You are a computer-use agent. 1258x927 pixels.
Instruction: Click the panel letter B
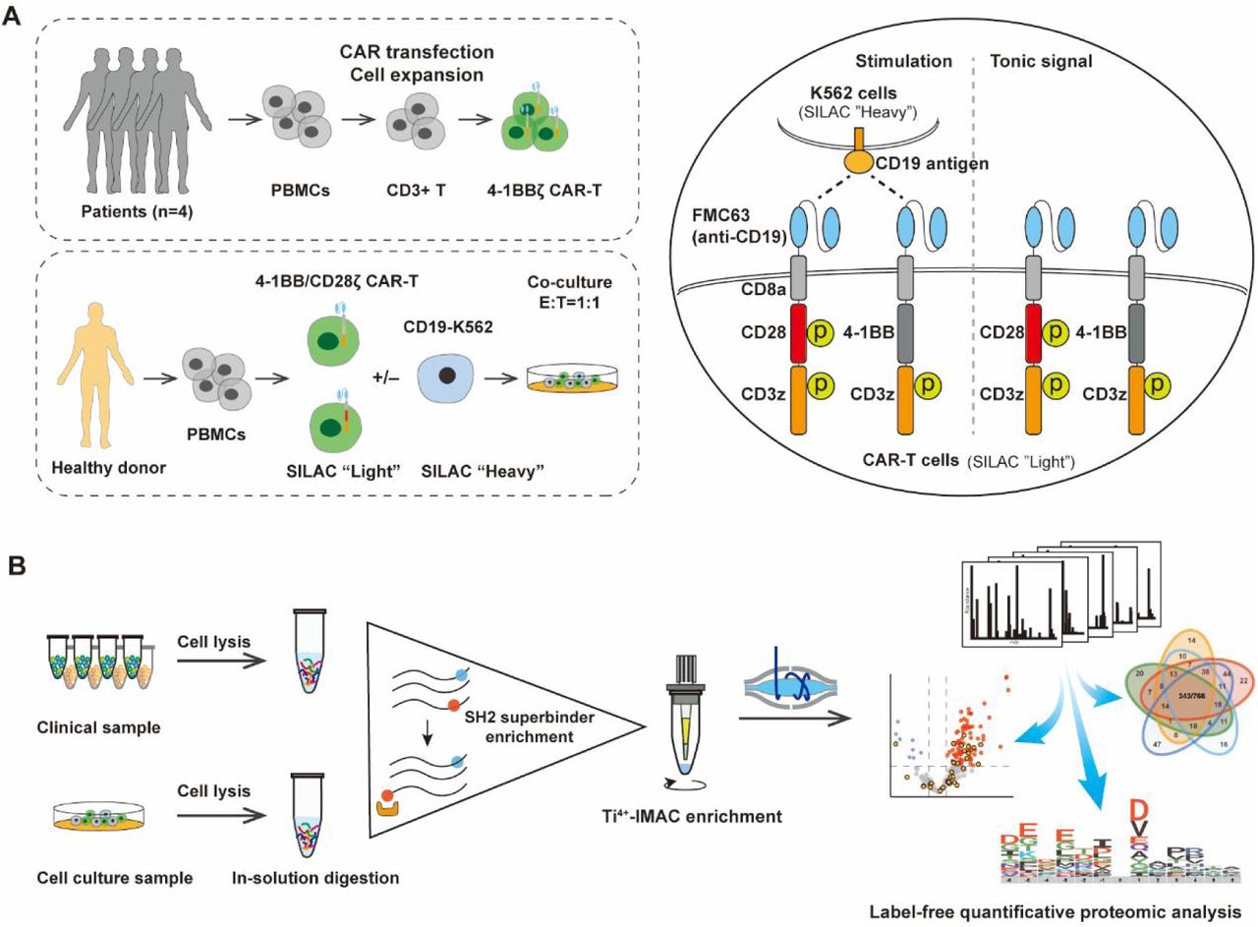[x=14, y=569]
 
